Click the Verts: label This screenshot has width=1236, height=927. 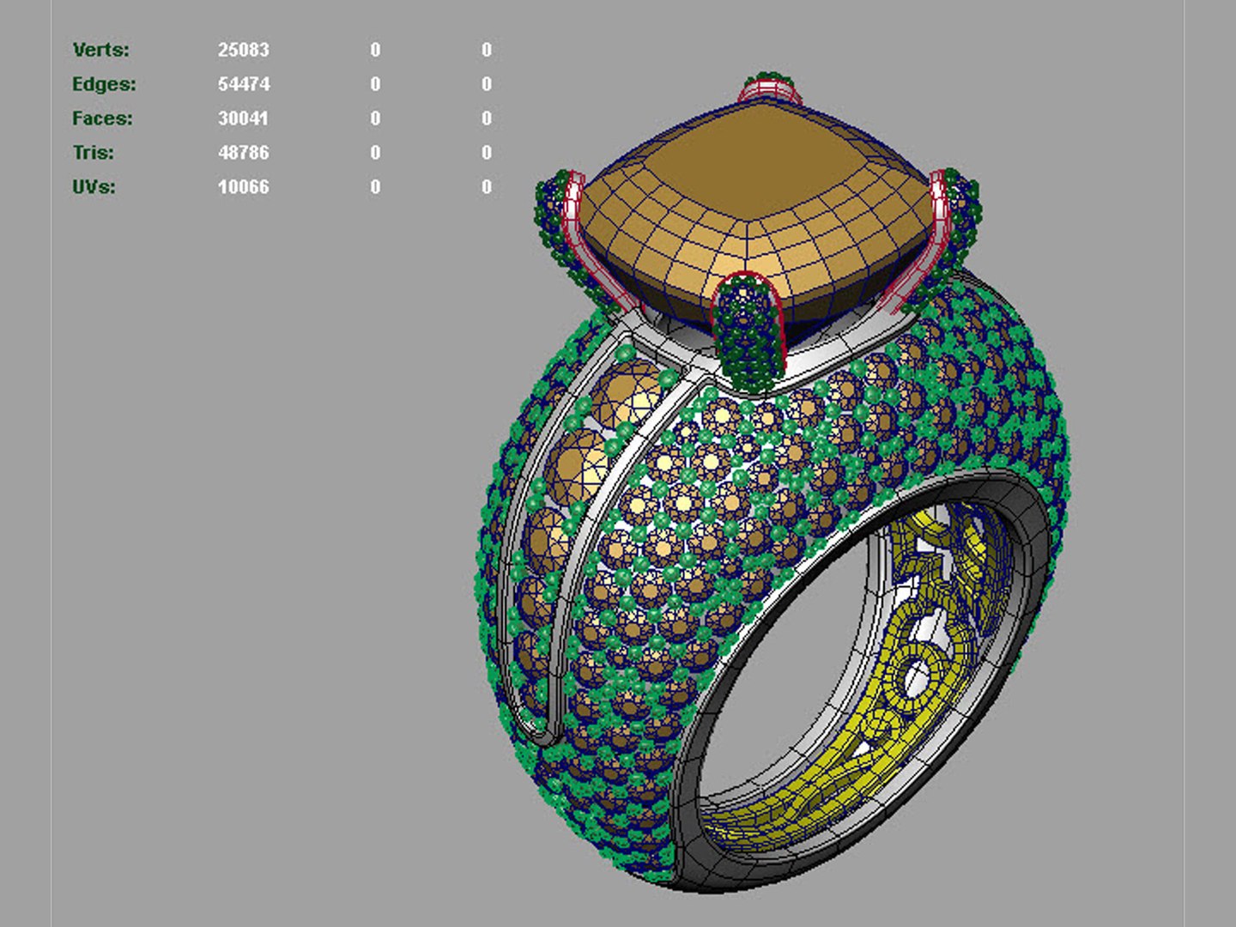pyautogui.click(x=101, y=50)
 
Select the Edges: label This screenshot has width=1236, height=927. pyautogui.click(x=104, y=84)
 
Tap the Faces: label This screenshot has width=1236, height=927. pyautogui.click(x=102, y=118)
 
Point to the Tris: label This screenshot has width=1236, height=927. pyautogui.click(x=93, y=153)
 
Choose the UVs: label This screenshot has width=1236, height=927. pyautogui.click(x=94, y=187)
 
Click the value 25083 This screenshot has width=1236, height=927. pyautogui.click(x=243, y=50)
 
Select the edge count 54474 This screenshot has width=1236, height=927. pyautogui.click(x=243, y=84)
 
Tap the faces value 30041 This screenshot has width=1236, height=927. pyautogui.click(x=243, y=118)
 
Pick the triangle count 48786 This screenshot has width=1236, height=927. pyautogui.click(x=243, y=153)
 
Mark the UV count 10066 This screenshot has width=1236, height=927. pyautogui.click(x=243, y=187)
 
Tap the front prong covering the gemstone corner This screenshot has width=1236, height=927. pyautogui.click(x=749, y=330)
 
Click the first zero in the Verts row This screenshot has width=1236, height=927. pyautogui.click(x=375, y=50)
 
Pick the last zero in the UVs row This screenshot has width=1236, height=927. pyautogui.click(x=487, y=187)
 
